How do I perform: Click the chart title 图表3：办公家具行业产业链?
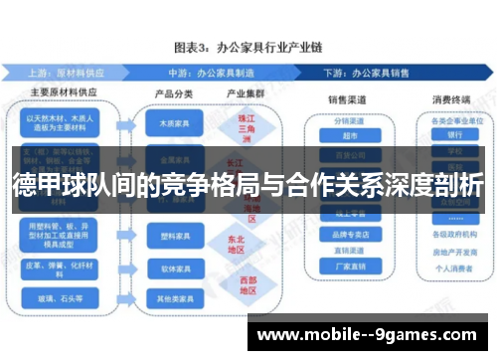click(x=248, y=47)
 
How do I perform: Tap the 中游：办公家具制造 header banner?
click(x=218, y=72)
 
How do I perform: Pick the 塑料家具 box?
click(x=164, y=238)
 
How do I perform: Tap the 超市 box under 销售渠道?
click(x=349, y=136)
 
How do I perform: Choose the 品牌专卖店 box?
click(x=349, y=235)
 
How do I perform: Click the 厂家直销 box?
click(x=349, y=266)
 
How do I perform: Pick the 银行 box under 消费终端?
click(x=455, y=136)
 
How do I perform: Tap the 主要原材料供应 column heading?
click(x=61, y=94)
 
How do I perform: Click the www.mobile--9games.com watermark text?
click(x=373, y=335)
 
